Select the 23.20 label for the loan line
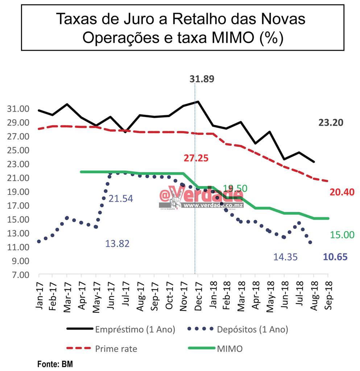click(x=331, y=123)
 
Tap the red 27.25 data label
click(x=196, y=158)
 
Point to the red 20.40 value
click(x=342, y=192)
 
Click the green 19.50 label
click(x=235, y=188)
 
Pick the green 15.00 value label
click(x=342, y=235)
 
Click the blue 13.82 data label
click(x=117, y=243)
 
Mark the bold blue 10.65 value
click(x=335, y=257)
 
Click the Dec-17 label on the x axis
click(x=198, y=297)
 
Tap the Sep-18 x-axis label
click(x=328, y=297)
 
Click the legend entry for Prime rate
click(x=116, y=349)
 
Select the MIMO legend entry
click(x=229, y=349)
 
